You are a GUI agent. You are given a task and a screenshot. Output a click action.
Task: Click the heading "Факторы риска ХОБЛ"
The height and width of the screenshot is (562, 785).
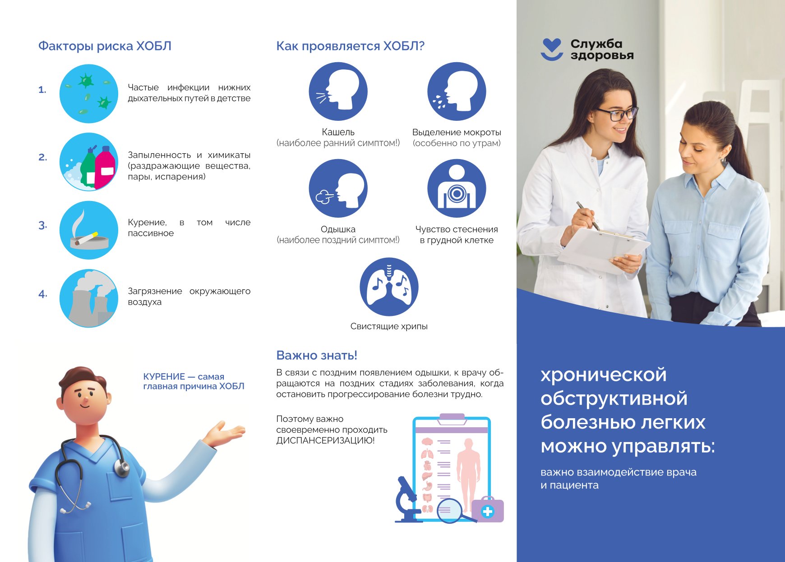[x=105, y=46]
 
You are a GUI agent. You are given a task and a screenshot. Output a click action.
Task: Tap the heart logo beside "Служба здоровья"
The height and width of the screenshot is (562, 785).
[x=552, y=49]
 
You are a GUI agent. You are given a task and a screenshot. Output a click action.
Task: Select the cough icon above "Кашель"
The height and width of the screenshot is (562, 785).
[x=338, y=91]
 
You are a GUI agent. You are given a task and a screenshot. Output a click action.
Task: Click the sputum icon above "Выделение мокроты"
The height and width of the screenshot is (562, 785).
[x=457, y=91]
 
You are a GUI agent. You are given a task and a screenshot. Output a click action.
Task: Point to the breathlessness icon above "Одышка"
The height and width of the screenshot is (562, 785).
[x=338, y=188]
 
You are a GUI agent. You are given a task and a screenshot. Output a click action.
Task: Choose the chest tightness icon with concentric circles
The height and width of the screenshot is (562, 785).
[x=457, y=188]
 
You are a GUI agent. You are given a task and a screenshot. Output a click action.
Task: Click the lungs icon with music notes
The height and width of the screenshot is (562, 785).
[x=389, y=287]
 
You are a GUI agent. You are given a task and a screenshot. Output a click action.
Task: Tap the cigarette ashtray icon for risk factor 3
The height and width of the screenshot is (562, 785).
[x=89, y=230]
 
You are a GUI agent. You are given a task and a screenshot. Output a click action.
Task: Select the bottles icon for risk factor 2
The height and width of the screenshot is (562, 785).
[x=89, y=162]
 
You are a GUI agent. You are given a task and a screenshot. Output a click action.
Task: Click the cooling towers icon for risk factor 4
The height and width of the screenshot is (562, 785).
[x=89, y=298]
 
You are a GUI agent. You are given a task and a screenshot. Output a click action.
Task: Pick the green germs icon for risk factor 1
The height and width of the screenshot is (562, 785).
[x=89, y=94]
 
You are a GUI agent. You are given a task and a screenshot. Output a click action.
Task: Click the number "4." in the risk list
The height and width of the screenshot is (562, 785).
[x=43, y=294]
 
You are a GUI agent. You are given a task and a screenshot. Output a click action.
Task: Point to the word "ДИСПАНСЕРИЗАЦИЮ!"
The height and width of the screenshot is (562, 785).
[x=325, y=441]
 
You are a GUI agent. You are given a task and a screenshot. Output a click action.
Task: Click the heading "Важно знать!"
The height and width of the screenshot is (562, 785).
[x=317, y=355]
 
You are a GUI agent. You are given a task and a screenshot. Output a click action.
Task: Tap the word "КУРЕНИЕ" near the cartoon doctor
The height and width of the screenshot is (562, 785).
[x=164, y=376]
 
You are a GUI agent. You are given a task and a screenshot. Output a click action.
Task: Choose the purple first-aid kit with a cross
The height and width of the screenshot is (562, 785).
[x=487, y=510]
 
